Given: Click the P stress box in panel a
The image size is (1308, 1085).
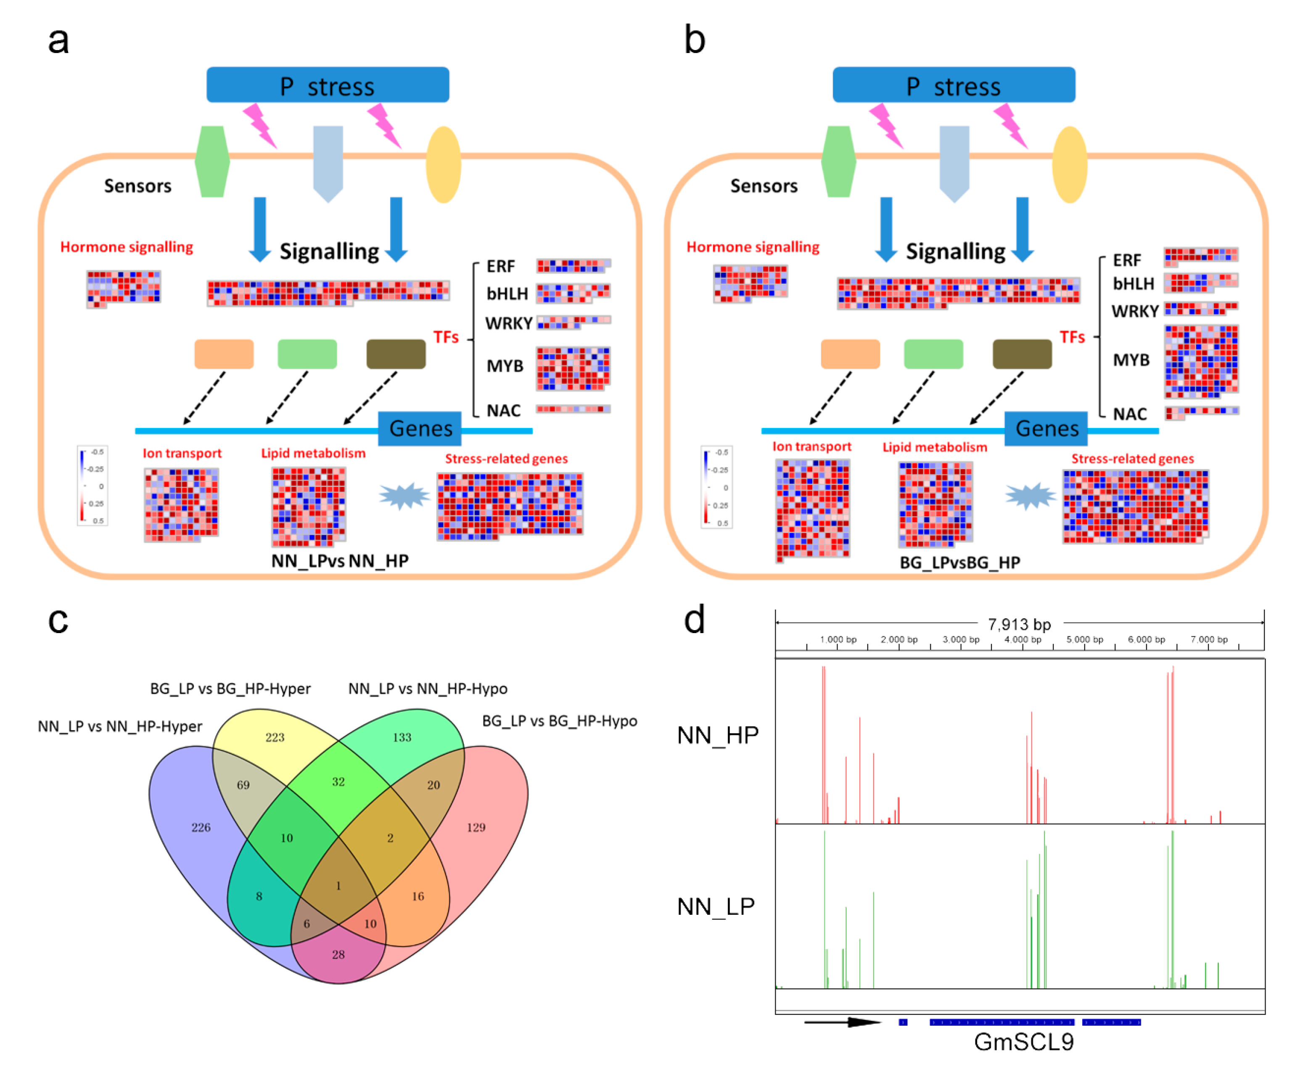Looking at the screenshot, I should pos(328,85).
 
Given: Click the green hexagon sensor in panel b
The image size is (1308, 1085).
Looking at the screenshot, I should pos(838,162).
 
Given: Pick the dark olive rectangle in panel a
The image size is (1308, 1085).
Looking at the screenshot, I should pos(396,354).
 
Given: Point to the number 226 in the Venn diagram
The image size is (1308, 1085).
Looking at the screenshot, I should pos(201,827).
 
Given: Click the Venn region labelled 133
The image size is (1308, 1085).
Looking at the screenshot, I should pos(402,737).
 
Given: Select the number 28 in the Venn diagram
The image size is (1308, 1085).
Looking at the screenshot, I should pos(338,954).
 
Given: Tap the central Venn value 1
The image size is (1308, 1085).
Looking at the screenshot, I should pos(338,886).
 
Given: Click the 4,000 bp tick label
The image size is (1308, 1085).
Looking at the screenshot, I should pos(1022,640).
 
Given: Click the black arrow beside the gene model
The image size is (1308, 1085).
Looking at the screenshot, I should pos(842,1022).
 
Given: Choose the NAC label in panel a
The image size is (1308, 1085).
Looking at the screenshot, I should pos(503,410).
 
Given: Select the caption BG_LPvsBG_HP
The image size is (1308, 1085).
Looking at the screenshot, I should pos(960,562).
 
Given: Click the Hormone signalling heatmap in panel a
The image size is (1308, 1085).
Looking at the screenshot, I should pos(123,288).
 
